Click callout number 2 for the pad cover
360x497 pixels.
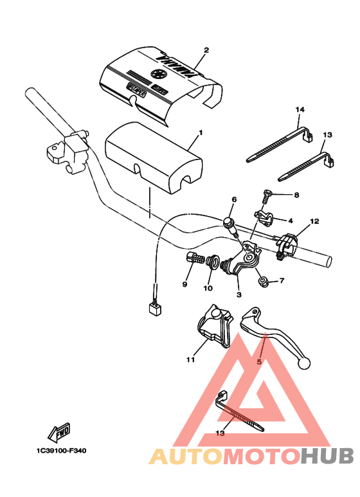click(206, 50)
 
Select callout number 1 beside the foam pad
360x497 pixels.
click(200, 133)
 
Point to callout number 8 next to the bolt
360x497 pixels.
click(296, 195)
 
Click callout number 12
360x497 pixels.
click(314, 221)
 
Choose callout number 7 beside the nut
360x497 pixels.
click(282, 282)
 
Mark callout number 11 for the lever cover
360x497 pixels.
click(190, 360)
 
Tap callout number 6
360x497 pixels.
click(234, 200)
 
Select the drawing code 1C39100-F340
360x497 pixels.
click(57, 451)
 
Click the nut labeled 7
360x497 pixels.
click(262, 280)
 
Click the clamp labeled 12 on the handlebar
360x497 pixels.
click(287, 246)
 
